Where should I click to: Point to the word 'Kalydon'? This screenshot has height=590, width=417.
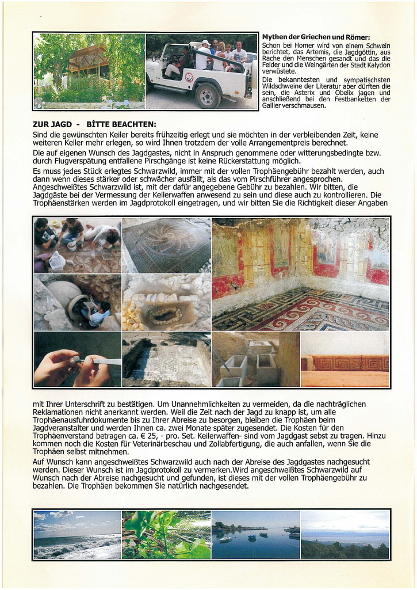[376, 65]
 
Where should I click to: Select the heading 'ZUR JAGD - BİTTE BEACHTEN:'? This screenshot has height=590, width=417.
[94, 124]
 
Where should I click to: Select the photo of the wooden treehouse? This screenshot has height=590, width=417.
[89, 71]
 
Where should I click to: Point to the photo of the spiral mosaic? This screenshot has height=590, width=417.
[166, 245]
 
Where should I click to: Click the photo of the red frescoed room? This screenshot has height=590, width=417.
[300, 273]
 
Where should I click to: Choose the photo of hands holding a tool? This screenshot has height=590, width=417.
[77, 359]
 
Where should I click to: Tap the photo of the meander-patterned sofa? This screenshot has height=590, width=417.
[345, 359]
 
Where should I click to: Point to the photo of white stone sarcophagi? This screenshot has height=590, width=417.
[255, 359]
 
